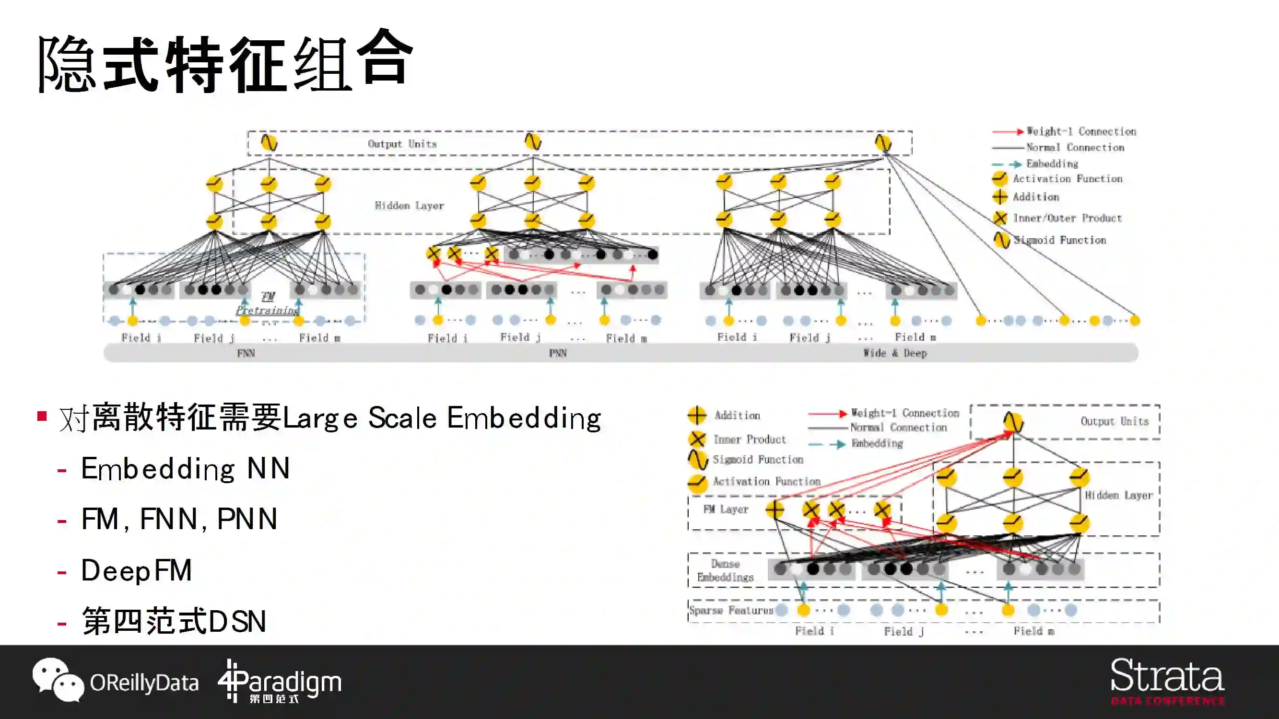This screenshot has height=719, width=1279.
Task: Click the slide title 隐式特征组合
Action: point(226,62)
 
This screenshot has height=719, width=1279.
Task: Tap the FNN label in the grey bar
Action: point(246,353)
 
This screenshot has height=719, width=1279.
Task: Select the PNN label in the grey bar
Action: point(558,353)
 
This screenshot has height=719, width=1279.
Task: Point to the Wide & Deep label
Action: point(895,353)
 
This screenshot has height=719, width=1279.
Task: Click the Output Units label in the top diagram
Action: point(402,144)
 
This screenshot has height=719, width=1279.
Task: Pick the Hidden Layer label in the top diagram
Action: point(409,206)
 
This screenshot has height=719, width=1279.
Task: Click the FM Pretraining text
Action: point(268,304)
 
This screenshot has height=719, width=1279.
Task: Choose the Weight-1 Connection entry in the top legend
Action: point(1081,131)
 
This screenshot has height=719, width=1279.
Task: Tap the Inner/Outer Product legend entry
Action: point(1067,218)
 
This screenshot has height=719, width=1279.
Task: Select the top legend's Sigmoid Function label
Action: point(1059,240)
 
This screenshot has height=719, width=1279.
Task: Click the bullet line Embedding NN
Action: point(185,469)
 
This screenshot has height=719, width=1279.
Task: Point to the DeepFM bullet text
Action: point(136,570)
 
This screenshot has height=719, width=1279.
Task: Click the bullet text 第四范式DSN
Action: point(174,621)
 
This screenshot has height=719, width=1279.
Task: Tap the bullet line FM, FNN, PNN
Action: point(179,520)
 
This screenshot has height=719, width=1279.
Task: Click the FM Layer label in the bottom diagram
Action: point(726,510)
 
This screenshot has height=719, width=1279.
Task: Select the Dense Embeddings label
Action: point(725,570)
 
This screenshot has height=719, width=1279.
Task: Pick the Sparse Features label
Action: point(731,610)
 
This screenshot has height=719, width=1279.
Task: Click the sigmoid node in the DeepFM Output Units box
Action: point(1013,422)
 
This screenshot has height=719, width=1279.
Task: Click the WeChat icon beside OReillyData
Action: point(58,679)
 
